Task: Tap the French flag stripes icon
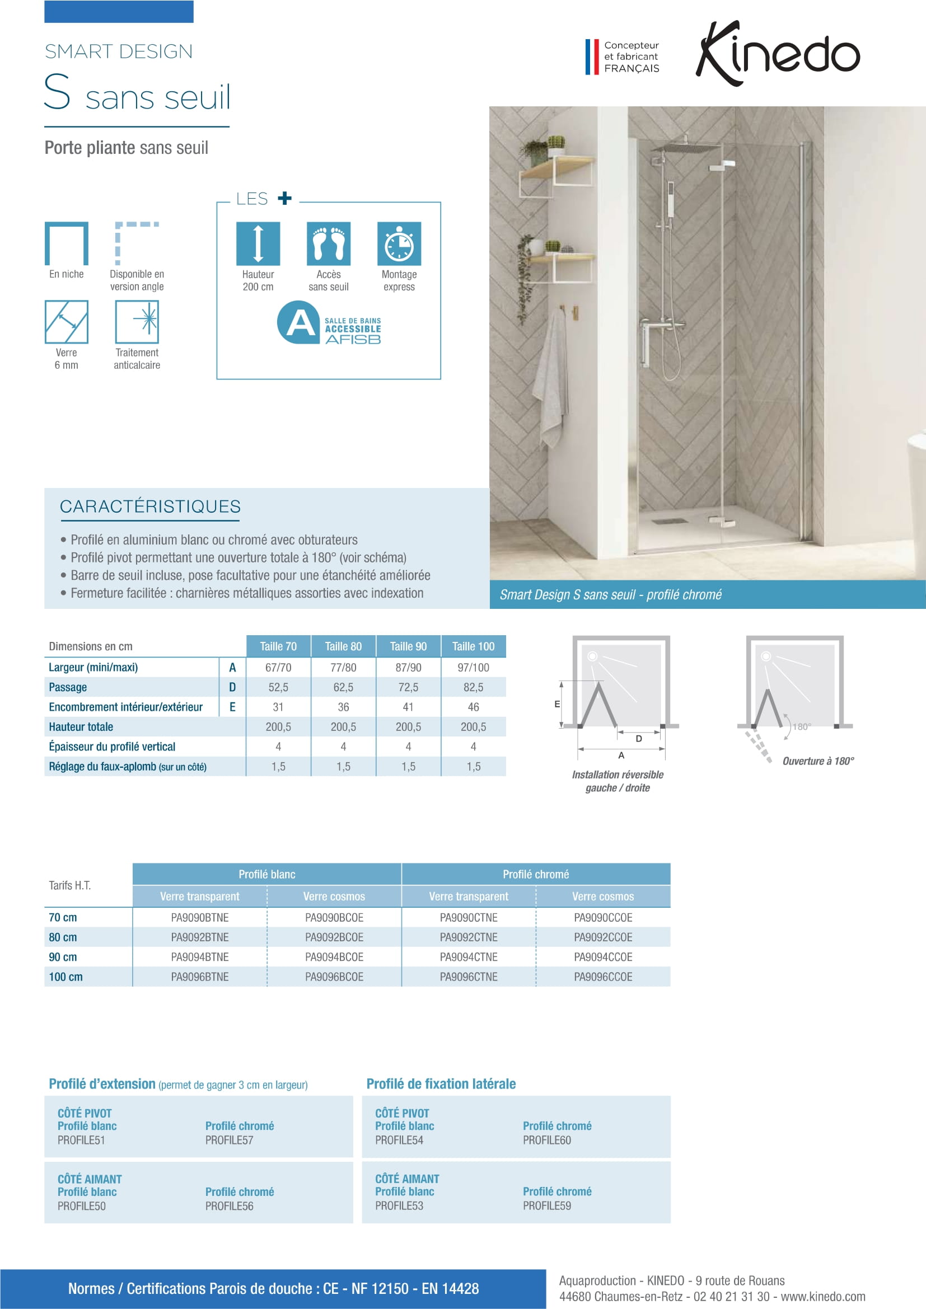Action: [592, 57]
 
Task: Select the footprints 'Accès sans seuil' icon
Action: [329, 243]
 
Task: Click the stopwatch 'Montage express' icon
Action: [399, 243]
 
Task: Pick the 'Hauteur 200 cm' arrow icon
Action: [258, 243]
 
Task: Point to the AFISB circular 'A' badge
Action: [298, 323]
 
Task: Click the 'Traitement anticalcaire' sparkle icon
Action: [137, 322]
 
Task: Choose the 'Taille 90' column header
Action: [408, 646]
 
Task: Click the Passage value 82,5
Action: [473, 687]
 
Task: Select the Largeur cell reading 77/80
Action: [343, 667]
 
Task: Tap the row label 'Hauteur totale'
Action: [81, 727]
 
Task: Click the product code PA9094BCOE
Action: [334, 956]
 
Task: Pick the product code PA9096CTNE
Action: [469, 977]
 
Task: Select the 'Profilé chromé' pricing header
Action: [535, 874]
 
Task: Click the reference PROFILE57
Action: [229, 1140]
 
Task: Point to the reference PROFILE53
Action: [399, 1206]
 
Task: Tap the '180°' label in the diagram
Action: [801, 726]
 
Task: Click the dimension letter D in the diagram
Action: [639, 739]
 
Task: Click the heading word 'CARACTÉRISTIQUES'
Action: [150, 506]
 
